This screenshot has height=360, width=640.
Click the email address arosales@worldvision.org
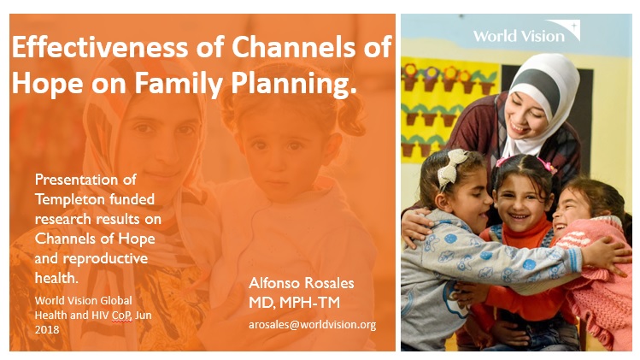[312, 324]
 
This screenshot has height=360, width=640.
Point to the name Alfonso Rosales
[302, 283]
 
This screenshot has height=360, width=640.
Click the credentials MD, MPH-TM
[294, 303]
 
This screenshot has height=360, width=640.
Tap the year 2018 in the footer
[47, 329]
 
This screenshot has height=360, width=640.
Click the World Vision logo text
[519, 36]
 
